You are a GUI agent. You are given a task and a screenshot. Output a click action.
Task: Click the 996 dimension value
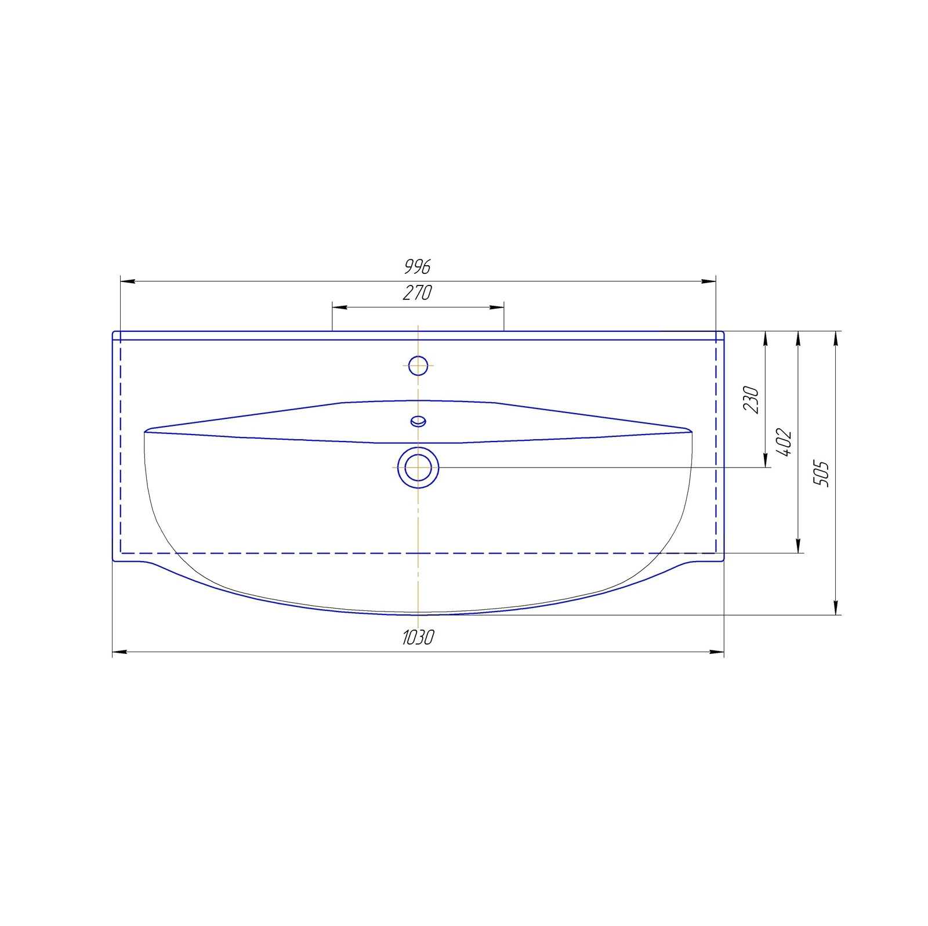tap(418, 267)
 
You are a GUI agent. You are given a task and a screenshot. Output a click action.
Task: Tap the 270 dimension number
tap(418, 293)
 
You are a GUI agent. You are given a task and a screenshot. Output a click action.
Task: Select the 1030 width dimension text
tap(418, 638)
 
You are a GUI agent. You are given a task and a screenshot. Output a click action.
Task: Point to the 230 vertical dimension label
tap(751, 399)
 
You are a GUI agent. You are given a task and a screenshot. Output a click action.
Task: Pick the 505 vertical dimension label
tap(821, 473)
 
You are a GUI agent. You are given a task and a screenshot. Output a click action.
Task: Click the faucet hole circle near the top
tap(418, 366)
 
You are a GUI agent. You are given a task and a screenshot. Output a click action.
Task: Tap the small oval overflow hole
tap(418, 421)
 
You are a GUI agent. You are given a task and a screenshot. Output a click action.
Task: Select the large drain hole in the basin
tap(418, 468)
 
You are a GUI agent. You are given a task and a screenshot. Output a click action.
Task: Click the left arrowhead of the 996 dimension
tap(127, 281)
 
